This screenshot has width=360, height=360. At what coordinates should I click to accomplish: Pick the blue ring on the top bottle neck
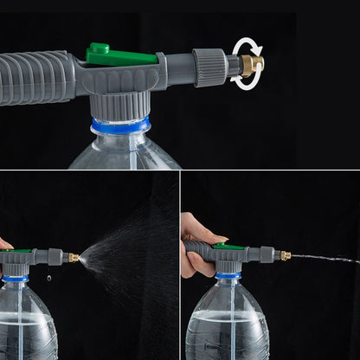point(120,126)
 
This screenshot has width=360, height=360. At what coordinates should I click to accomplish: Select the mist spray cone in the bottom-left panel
point(130,251)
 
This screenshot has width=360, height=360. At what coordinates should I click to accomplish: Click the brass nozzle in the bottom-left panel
point(74,257)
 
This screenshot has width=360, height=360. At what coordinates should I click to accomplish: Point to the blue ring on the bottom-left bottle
point(15,279)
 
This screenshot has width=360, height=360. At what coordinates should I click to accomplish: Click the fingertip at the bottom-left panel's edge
point(3,244)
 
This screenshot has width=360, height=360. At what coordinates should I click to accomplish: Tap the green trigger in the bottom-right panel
point(228,247)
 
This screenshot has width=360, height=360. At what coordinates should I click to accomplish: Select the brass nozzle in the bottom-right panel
point(284,255)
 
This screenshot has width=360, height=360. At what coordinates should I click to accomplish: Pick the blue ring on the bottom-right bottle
point(228,275)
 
